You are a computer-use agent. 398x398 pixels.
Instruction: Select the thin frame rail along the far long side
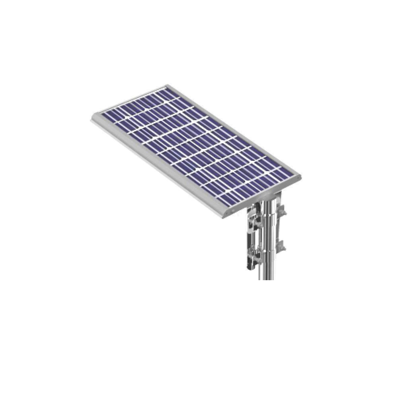tap(235, 129)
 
